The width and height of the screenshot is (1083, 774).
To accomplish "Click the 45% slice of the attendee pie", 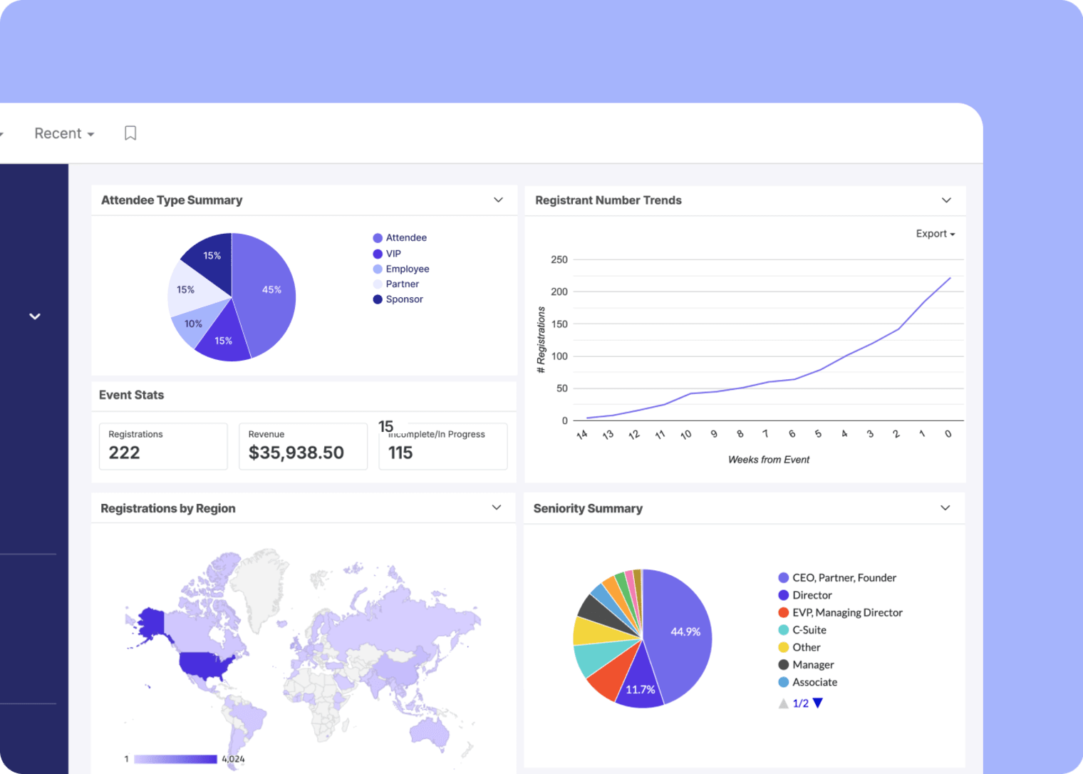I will tap(267, 292).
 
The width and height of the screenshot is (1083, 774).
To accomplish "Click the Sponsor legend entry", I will tap(404, 299).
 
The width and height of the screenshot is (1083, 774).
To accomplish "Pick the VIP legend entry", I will tap(393, 254).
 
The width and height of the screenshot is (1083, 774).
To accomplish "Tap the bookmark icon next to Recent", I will tap(130, 133).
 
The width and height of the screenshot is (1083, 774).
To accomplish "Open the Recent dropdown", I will tap(64, 133).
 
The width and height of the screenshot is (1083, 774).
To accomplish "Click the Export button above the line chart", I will tap(935, 234).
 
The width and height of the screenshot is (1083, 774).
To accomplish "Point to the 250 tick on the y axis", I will tap(559, 259).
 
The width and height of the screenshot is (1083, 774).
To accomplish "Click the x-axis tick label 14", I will tap(582, 434).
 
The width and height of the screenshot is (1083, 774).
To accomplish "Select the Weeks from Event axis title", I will tap(768, 460).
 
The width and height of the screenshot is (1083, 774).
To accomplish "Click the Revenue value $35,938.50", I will tap(296, 453).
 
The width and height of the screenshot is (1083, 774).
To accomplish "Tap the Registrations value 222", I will tap(124, 453).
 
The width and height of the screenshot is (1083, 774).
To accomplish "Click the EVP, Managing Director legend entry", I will tap(846, 612).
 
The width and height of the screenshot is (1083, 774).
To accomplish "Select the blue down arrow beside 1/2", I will tap(818, 703).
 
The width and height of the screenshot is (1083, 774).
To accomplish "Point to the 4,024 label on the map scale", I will tap(233, 759).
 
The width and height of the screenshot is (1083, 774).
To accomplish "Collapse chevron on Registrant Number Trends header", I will tap(946, 200).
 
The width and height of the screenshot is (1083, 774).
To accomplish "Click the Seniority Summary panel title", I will tap(588, 508).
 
